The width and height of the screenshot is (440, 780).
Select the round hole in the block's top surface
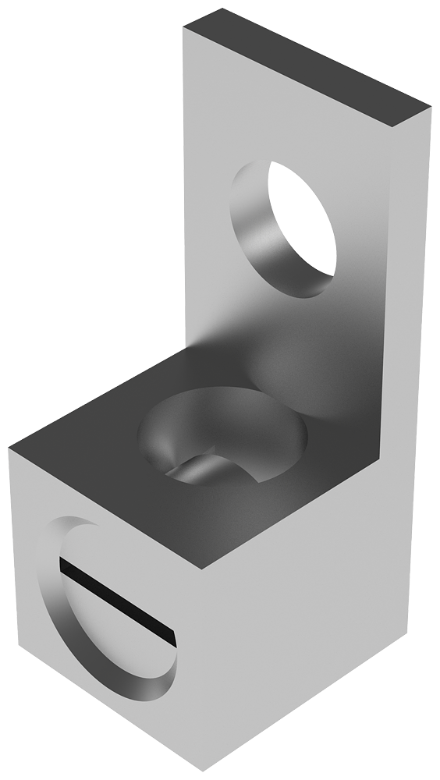222,437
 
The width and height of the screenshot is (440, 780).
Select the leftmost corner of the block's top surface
9,448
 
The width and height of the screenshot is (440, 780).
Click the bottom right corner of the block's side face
406,636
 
